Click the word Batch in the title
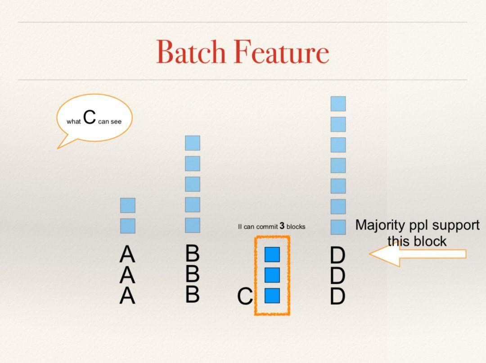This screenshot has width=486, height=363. [x=191, y=52]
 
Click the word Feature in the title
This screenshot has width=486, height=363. [x=281, y=52]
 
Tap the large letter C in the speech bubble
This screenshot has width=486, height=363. [x=90, y=117]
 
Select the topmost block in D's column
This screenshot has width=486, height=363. [x=338, y=104]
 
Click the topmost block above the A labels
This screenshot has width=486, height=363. [x=128, y=205]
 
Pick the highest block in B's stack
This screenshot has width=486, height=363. [x=193, y=143]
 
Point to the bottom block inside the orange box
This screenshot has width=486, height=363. [x=272, y=296]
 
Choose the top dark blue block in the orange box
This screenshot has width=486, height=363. [x=272, y=254]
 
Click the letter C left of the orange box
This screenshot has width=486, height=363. [x=245, y=296]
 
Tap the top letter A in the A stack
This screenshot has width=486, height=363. [x=127, y=254]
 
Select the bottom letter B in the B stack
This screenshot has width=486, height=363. [x=193, y=294]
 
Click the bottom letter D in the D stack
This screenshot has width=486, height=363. [x=337, y=296]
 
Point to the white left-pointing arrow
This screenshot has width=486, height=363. [x=418, y=254]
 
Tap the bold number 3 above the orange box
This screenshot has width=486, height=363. [x=282, y=226]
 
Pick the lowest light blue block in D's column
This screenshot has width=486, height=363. [x=338, y=227]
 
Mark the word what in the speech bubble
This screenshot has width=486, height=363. [x=73, y=121]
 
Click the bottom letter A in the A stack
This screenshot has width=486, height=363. [x=127, y=296]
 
